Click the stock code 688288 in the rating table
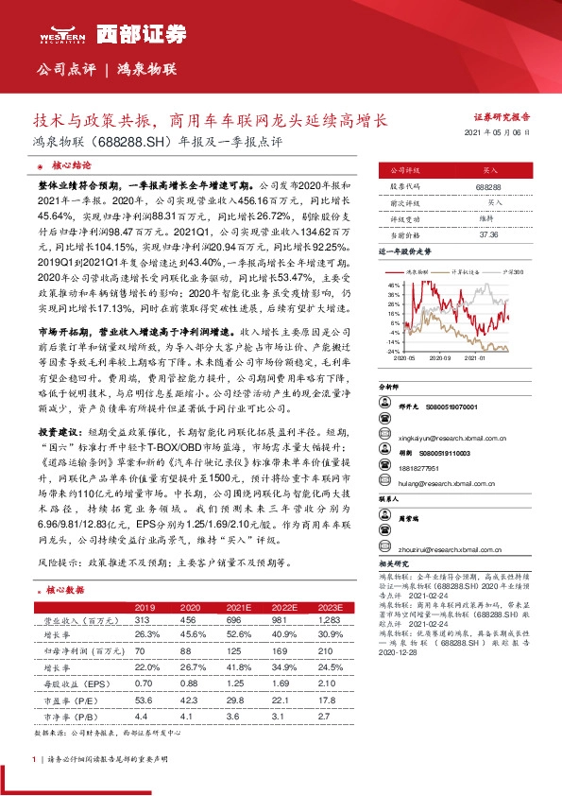pyautogui.click(x=489, y=187)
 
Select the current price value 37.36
pyautogui.click(x=489, y=234)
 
